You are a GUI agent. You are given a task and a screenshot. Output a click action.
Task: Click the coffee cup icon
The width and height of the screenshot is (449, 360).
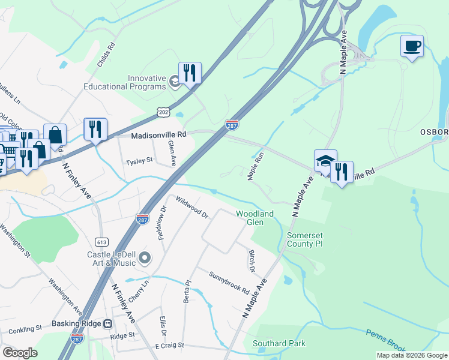click(412, 47)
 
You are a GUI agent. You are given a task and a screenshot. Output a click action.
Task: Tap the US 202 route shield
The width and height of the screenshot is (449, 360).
click(164, 112)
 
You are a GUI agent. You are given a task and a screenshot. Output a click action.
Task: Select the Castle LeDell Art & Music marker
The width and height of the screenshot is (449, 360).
click(145, 259)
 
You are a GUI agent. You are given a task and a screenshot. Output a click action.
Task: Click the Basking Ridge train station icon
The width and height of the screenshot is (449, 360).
click(108, 323)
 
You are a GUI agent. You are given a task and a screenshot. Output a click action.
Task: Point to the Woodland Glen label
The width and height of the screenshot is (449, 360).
click(255, 218)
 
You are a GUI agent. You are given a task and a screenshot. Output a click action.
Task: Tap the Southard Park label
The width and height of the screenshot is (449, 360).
click(279, 343)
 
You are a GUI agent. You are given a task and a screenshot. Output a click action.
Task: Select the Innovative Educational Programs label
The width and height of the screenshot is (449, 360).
click(146, 82)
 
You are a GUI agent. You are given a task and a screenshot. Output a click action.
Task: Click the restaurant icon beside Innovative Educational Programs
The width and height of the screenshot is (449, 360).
click(190, 73)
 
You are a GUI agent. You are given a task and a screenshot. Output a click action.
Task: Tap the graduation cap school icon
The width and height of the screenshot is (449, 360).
click(325, 161)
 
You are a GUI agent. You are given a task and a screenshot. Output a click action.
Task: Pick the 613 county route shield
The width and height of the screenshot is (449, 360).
click(101, 241)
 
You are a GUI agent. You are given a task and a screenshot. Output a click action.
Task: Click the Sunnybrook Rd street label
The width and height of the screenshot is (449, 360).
click(229, 283)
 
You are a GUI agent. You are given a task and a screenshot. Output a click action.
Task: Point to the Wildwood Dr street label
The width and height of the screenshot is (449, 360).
click(191, 206)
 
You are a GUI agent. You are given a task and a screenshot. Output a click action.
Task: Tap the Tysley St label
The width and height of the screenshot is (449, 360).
click(139, 162)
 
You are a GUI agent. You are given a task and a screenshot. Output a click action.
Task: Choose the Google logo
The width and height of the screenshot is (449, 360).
click(20, 353)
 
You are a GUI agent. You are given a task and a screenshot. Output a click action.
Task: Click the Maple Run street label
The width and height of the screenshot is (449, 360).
click(256, 166)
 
